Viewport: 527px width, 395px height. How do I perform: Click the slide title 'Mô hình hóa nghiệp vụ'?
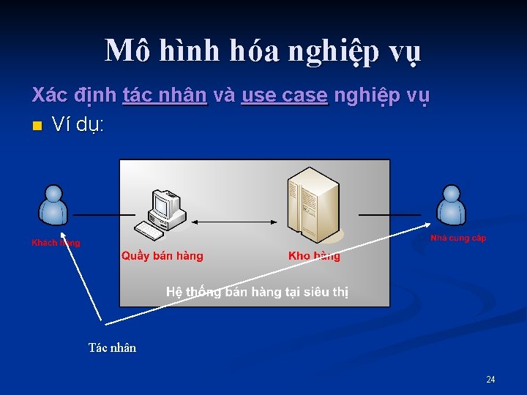263,51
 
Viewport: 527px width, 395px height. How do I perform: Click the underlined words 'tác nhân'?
165,96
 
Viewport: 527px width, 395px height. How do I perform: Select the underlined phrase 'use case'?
285,96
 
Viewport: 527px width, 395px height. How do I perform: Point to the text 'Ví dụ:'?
78,126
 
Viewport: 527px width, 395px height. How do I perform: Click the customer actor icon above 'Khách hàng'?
53,205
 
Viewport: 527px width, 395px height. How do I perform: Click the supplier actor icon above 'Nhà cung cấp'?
452,205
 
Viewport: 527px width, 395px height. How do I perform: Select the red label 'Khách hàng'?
56,243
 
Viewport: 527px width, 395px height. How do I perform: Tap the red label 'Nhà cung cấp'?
458,238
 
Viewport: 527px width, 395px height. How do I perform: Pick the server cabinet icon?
313,205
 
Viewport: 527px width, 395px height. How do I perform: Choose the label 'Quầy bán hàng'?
162,256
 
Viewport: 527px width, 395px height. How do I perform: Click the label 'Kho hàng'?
315,256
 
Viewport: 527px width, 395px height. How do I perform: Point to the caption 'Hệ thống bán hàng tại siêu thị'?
257,292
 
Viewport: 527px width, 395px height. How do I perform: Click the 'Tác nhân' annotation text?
112,348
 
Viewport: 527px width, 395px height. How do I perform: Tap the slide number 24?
490,379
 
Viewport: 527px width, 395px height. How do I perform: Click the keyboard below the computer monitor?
151,231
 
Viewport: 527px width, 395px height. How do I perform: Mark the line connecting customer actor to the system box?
94,215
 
